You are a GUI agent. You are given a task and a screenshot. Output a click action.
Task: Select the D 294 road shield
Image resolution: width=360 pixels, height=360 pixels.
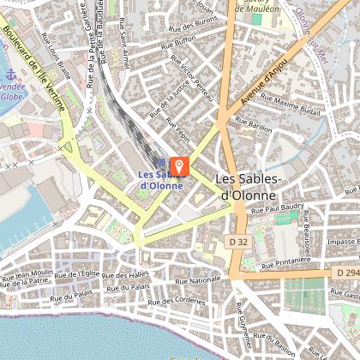point(346,273)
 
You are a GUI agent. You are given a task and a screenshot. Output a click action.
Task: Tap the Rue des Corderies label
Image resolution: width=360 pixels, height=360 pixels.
point(177,301)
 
